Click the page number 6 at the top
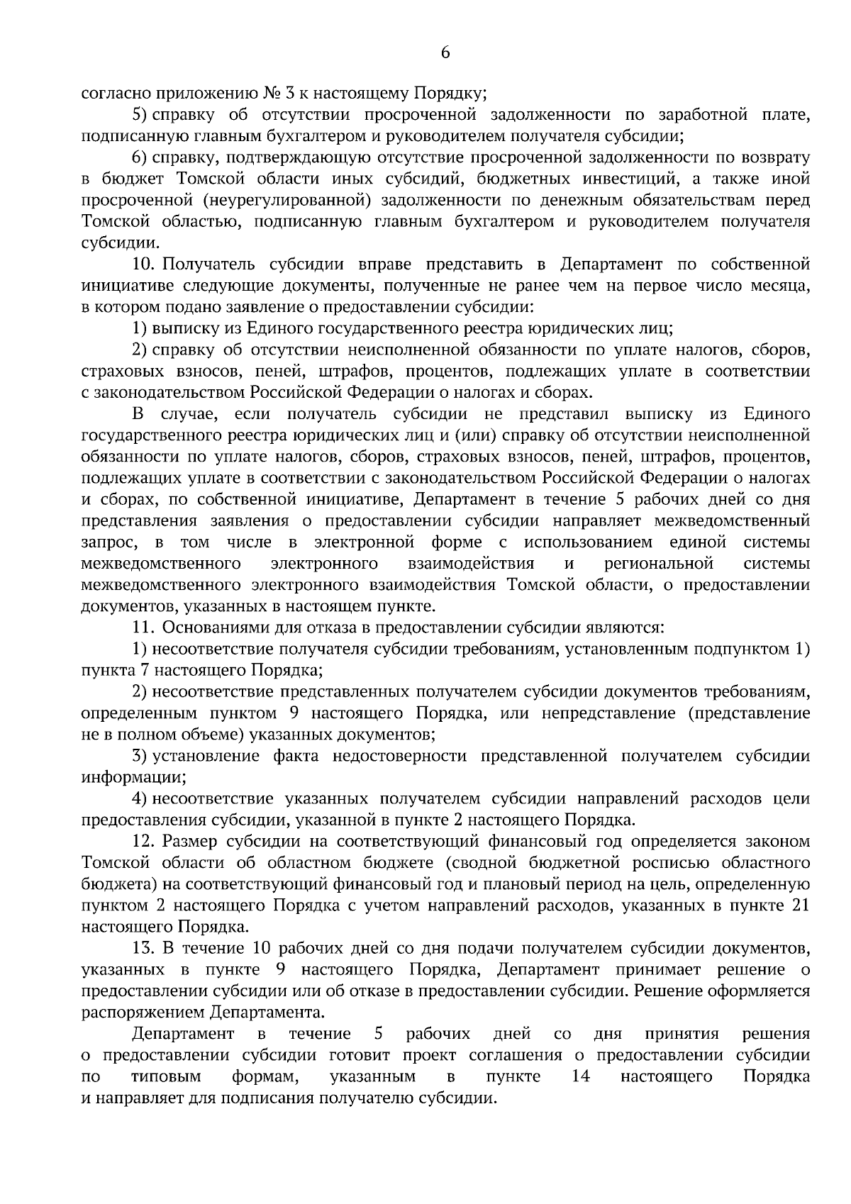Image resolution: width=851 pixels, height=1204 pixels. pos(445,53)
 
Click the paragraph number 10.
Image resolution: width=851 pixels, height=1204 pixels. pos(144,264)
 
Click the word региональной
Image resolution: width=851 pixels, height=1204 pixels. pos(659,564)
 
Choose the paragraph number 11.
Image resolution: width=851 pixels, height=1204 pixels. pos(144,628)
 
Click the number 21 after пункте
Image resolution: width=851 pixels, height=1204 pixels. pos(800,905)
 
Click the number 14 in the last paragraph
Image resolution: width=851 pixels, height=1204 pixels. pos(581,1076)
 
